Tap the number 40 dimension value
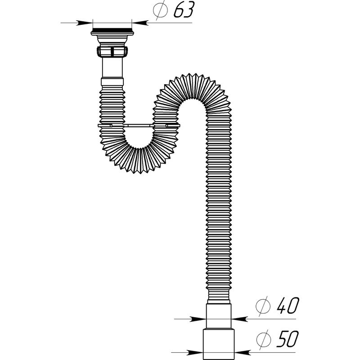(x=288, y=306)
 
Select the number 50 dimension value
(x=287, y=339)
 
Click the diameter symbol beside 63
(x=160, y=9)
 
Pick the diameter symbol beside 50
(x=263, y=338)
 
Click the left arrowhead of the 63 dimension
(x=84, y=23)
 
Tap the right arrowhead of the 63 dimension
(x=140, y=23)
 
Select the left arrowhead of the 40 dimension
(x=198, y=319)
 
